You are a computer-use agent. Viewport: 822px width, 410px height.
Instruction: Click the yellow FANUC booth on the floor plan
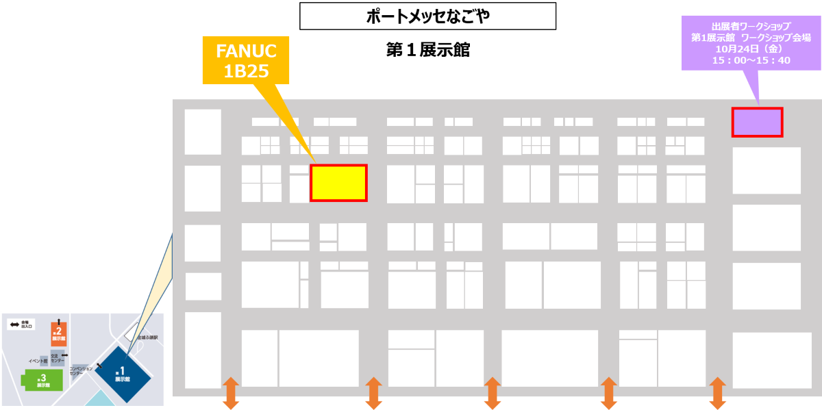click(x=338, y=183)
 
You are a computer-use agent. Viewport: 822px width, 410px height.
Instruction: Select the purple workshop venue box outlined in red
click(x=757, y=122)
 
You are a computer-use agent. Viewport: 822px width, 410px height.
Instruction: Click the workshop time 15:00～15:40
click(x=751, y=60)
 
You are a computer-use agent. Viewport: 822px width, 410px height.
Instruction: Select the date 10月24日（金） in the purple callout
click(x=751, y=49)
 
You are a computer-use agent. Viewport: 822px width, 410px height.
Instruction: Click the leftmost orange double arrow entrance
click(x=231, y=393)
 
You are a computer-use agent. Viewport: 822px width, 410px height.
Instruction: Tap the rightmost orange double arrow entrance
click(x=717, y=393)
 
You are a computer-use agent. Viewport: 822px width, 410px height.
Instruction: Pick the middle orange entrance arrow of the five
click(x=491, y=393)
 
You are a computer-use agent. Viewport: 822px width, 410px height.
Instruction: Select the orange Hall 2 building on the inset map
click(x=59, y=333)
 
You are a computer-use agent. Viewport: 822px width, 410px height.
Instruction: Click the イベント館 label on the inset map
click(x=38, y=360)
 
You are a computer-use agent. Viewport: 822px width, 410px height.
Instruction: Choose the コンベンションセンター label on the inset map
click(x=81, y=370)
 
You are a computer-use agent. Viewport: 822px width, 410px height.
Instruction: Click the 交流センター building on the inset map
click(x=58, y=358)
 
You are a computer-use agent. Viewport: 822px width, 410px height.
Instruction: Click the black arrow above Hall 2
click(x=59, y=320)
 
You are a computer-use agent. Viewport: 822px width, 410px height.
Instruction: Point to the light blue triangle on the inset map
click(x=103, y=398)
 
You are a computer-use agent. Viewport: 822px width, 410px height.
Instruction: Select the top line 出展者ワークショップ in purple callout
click(x=751, y=27)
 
